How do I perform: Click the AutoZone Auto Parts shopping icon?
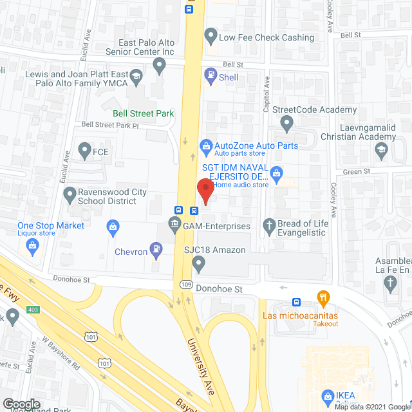click(205, 146)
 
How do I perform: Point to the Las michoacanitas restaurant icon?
click(323, 297)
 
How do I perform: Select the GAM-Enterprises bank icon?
click(174, 225)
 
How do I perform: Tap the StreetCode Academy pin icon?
click(288, 122)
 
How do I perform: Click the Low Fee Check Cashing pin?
click(210, 35)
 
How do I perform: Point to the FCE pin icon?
click(84, 152)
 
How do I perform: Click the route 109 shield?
click(185, 283)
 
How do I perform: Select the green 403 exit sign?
click(32, 310)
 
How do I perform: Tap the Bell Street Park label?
click(144, 113)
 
